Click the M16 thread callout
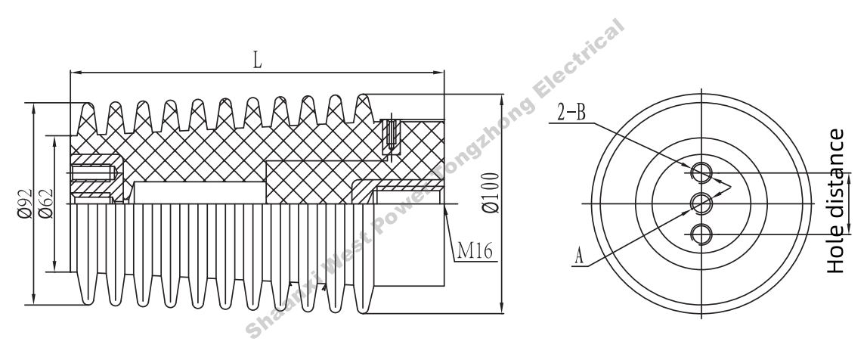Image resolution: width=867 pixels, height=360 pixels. click(473, 251)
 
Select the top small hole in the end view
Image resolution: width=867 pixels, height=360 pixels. click(702, 172)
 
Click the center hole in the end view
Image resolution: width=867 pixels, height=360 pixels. click(702, 203)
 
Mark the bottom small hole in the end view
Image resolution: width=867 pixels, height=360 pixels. click(702, 234)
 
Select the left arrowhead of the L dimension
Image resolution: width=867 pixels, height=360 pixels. click(74, 73)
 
